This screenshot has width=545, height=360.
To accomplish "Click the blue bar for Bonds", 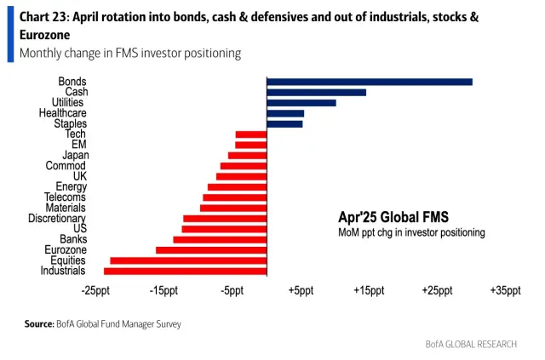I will click(x=369, y=82).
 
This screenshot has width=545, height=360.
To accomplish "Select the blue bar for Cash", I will click(x=316, y=92).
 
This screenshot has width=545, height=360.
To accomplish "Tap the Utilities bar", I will click(x=301, y=102).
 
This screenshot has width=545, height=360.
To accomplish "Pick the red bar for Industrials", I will click(x=185, y=271).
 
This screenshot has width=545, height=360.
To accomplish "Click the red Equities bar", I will click(x=188, y=260).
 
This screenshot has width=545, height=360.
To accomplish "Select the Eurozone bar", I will click(x=211, y=250).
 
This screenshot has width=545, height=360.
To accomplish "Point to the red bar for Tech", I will click(x=250, y=134).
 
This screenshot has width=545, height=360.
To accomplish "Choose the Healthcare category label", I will click(x=62, y=113).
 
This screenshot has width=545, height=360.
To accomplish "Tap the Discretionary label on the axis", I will click(x=56, y=219).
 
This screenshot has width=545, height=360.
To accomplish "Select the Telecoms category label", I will click(x=65, y=197).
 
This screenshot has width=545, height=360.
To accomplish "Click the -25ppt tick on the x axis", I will click(x=95, y=291).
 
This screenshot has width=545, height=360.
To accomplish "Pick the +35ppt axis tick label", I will click(x=504, y=291).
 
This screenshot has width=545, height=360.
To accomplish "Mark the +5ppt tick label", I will click(x=300, y=291).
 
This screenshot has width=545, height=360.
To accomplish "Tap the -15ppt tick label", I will click(x=163, y=291).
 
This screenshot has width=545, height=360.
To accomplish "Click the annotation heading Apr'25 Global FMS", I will click(x=393, y=217).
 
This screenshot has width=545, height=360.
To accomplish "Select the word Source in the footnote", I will click(x=39, y=324).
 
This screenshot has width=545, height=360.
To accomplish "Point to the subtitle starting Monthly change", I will click(x=129, y=54).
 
